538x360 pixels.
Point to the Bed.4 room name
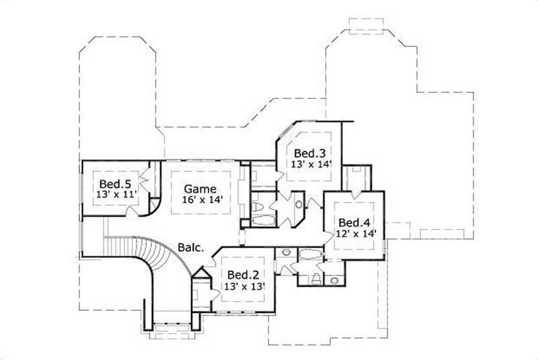click(x=355, y=223)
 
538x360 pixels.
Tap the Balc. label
click(x=191, y=247)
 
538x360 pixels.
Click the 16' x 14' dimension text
click(x=202, y=200)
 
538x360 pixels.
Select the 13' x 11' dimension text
click(x=116, y=194)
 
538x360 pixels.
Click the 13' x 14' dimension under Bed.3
click(x=311, y=164)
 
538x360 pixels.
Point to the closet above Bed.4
click(x=354, y=178)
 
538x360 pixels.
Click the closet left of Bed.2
click(x=200, y=297)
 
